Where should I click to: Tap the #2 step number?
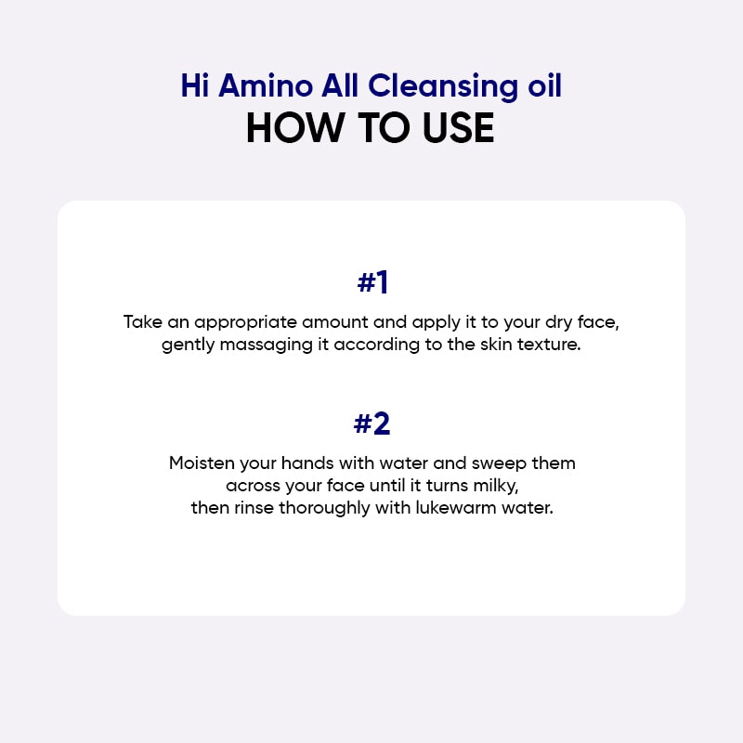(x=371, y=424)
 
